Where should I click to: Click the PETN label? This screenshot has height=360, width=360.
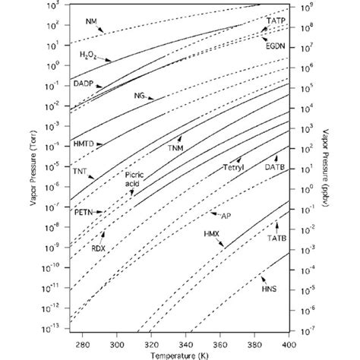click(83, 213)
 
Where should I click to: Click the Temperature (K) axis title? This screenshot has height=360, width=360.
click(179, 354)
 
